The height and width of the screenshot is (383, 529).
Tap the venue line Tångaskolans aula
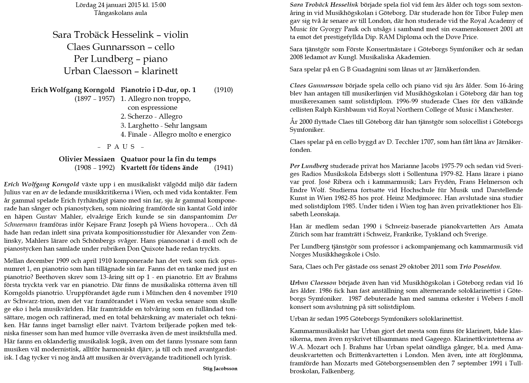(121, 13)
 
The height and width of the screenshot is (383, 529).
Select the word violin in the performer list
(176, 35)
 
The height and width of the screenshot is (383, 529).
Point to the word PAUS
(121, 147)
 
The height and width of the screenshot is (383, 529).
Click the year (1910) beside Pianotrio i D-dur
(223, 90)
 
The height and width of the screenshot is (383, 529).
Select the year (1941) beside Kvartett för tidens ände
(223, 167)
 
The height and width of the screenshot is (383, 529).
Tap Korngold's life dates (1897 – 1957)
(95, 99)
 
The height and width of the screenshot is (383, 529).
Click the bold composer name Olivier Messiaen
(87, 159)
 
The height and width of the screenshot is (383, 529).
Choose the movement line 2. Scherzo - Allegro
(151, 116)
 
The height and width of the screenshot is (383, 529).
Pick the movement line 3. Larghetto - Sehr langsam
(164, 125)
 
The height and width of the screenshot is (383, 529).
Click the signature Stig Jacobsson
(220, 369)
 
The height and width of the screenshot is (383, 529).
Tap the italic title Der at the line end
(232, 217)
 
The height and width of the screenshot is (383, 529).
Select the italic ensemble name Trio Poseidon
(480, 267)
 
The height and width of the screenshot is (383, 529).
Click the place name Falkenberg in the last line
(339, 371)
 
